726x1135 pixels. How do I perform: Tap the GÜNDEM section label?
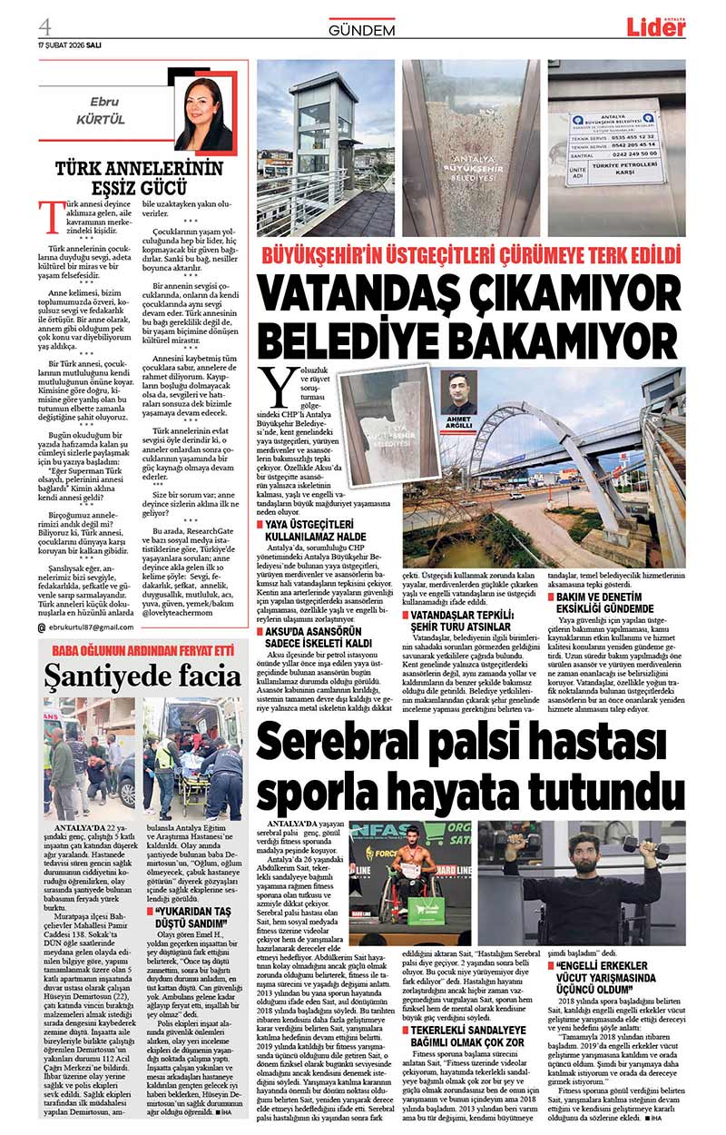pos(362,30)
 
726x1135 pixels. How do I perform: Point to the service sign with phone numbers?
pos(616,148)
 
